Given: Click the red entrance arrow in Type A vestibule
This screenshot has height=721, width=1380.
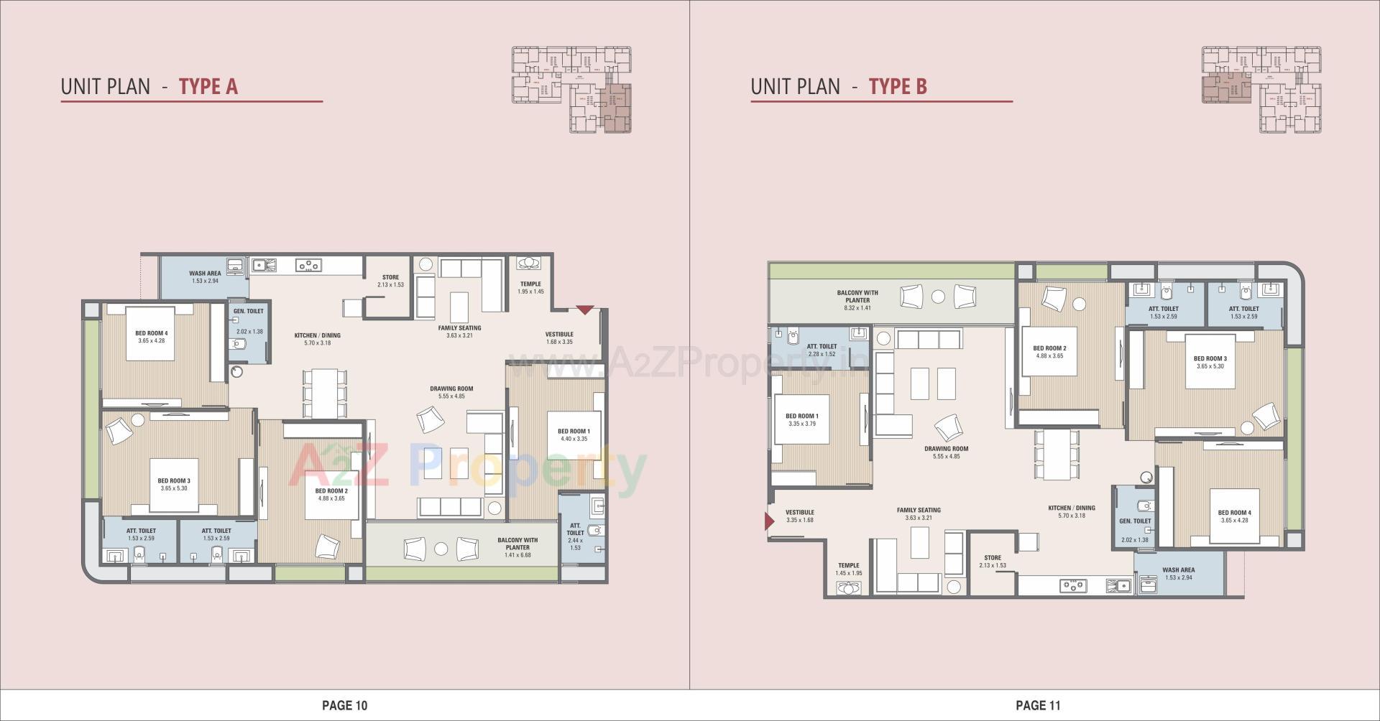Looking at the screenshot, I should click(x=585, y=310).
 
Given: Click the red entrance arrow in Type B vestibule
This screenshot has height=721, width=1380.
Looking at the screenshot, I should click(x=768, y=521).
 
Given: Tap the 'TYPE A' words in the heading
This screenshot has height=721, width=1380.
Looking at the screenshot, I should click(x=208, y=87).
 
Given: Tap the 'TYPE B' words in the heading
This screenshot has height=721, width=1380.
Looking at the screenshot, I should click(x=898, y=87).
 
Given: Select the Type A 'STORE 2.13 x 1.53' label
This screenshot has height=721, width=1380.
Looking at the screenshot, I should click(x=390, y=281).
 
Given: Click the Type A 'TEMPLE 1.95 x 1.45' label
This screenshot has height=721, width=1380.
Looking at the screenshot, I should click(x=530, y=287).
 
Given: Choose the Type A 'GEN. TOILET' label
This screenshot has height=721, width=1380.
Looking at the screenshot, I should click(x=249, y=312).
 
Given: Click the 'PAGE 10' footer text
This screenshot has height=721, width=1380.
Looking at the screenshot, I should click(x=344, y=705).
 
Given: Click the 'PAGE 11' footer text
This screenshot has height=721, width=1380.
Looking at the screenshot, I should click(x=1038, y=705).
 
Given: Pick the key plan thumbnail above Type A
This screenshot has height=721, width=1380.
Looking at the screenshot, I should click(x=571, y=90).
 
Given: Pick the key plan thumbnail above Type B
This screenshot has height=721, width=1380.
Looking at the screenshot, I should click(x=1261, y=90).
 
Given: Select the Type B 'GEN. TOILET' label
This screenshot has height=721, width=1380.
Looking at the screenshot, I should click(x=1135, y=521).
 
